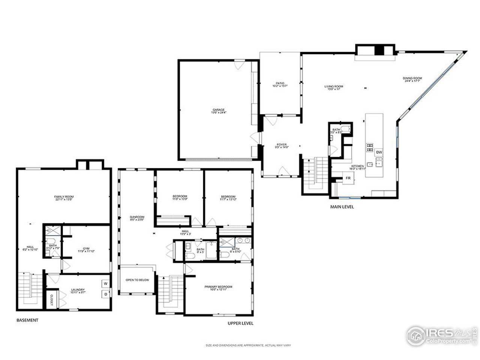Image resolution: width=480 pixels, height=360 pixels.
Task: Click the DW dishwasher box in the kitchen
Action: (x=379, y=152)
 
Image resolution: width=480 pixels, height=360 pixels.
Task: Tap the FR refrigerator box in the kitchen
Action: (x=348, y=178)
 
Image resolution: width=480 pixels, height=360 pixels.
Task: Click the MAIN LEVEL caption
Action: (x=342, y=207)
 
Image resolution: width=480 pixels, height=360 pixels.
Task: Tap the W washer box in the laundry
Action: (x=106, y=283)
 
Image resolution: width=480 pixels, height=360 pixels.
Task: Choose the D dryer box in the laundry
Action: (x=106, y=294)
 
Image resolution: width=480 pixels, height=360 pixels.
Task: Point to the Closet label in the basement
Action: (x=51, y=299)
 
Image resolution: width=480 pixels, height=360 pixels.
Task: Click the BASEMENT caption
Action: (x=27, y=320)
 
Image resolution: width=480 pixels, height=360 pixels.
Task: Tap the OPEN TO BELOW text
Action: (x=137, y=280)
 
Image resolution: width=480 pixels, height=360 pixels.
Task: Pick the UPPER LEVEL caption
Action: (x=240, y=323)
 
